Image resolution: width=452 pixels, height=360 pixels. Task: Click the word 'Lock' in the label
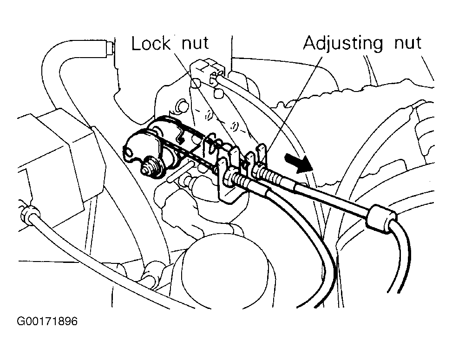pos(151,44)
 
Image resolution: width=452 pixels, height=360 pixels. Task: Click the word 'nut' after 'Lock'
pos(195,44)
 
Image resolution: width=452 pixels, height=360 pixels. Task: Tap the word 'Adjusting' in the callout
pos(343,44)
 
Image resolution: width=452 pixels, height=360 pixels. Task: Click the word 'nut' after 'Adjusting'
pos(408,43)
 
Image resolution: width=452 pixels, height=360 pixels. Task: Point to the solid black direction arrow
pos(299,163)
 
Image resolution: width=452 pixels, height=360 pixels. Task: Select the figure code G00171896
pos(47,321)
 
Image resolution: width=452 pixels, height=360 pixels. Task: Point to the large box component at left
pos(59,157)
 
